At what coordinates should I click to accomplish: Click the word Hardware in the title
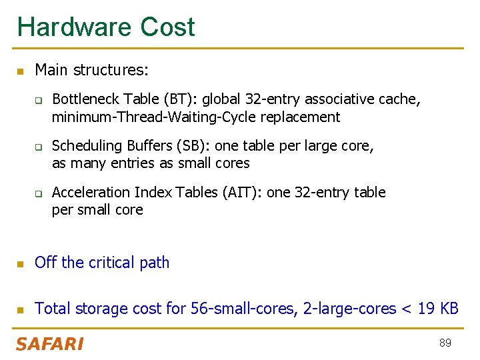[x=75, y=27]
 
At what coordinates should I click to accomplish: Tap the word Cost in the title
[x=167, y=27]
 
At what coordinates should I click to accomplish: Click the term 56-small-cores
[x=242, y=309]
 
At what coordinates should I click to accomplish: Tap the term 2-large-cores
[x=349, y=309]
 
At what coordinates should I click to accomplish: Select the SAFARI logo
[x=49, y=344]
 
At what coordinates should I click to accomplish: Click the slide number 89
[x=445, y=343]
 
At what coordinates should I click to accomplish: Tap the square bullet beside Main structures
[x=21, y=71]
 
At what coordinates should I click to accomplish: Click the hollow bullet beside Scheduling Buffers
[x=39, y=147]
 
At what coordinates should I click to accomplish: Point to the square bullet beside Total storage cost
[x=21, y=310]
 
